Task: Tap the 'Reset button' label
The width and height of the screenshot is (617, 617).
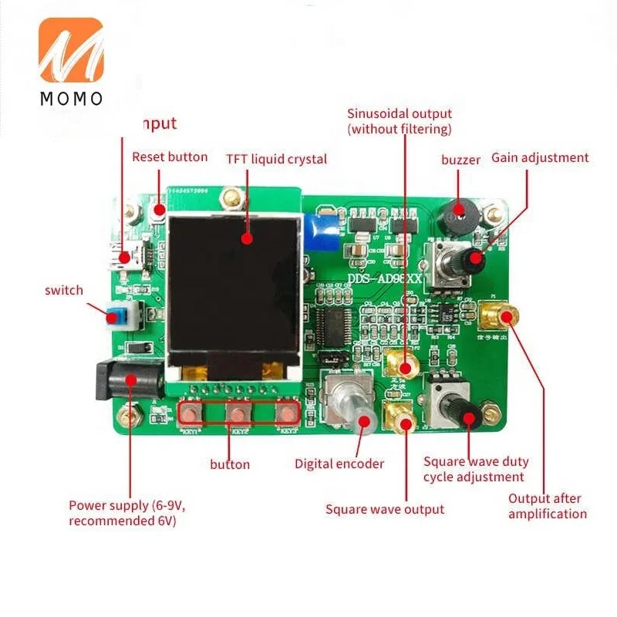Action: [170, 157]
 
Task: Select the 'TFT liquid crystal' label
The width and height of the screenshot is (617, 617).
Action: [276, 160]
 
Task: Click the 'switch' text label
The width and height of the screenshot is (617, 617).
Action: [63, 291]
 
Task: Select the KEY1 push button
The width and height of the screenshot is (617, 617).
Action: [191, 414]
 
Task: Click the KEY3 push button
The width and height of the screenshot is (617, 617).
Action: [287, 414]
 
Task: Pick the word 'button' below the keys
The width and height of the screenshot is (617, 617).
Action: [230, 464]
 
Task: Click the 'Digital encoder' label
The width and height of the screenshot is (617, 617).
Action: [339, 464]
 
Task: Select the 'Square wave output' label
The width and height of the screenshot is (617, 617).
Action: [384, 509]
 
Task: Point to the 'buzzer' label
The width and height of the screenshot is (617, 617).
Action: [460, 160]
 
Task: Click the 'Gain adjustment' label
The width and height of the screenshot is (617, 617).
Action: [540, 157]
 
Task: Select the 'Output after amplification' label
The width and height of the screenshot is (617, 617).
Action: [547, 506]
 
